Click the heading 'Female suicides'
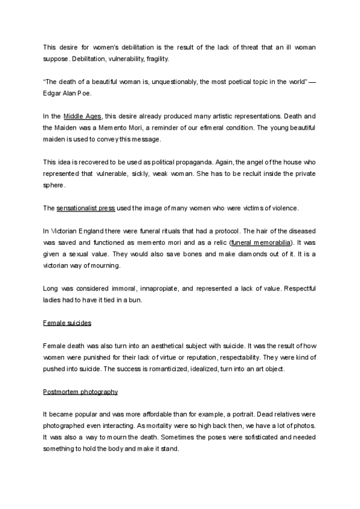coord(67,322)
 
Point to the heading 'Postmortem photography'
coord(80,392)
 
